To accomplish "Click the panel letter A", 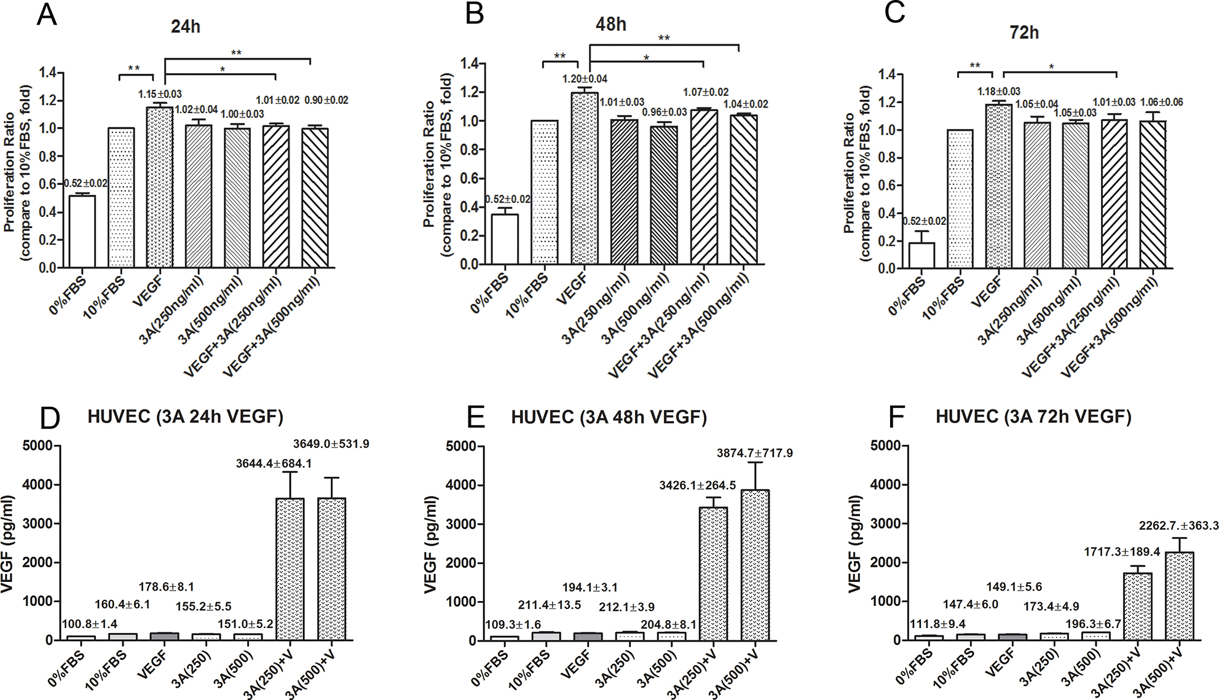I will tap(47, 14).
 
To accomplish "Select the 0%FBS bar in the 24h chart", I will tap(82, 231).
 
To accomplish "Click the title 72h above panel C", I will tap(1024, 32).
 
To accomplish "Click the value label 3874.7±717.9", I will tap(755, 453).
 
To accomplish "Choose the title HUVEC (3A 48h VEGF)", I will tap(609, 418).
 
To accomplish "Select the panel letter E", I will tap(474, 418).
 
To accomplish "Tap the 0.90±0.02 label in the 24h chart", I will tap(326, 100).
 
